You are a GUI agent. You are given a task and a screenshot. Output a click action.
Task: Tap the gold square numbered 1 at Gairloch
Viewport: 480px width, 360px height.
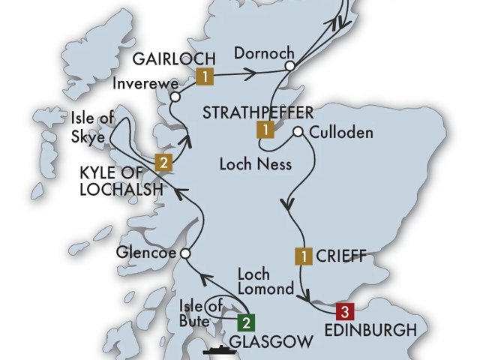point(204,76)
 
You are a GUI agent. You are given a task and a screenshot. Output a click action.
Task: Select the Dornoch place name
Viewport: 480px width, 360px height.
point(261,53)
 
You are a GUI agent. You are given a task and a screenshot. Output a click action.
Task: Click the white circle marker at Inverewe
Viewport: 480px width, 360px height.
point(175,97)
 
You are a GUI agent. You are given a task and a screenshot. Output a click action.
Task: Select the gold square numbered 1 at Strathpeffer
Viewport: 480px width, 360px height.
point(264,130)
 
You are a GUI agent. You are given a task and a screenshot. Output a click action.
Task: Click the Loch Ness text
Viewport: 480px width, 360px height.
point(255,162)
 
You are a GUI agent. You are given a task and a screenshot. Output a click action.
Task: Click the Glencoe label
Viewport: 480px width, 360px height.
point(145,253)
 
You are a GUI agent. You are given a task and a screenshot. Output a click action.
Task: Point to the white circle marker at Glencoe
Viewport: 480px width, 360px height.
point(184,253)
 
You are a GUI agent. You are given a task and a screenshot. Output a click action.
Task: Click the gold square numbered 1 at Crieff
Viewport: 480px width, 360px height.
point(303,256)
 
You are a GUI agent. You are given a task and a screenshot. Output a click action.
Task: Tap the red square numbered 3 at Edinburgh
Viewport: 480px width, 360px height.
point(343,310)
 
